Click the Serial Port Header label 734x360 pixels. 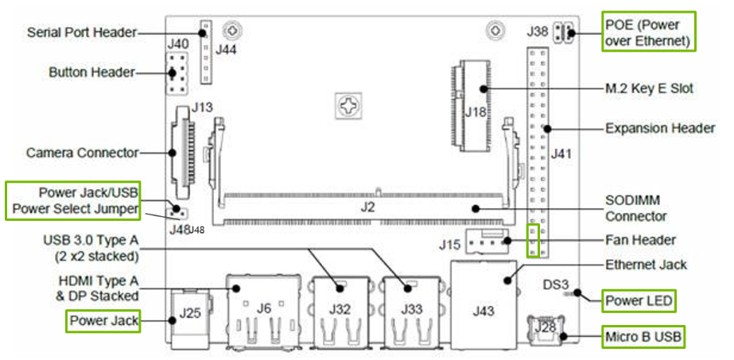[82, 33]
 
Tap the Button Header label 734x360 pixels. [91, 73]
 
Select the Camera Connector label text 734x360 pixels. [83, 152]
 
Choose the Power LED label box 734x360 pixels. [639, 301]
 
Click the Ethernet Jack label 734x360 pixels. [645, 265]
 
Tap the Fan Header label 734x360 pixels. [640, 239]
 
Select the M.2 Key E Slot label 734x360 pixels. [648, 89]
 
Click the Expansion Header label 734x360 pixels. [660, 128]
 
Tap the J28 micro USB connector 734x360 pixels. [546, 329]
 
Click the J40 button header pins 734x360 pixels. [177, 74]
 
